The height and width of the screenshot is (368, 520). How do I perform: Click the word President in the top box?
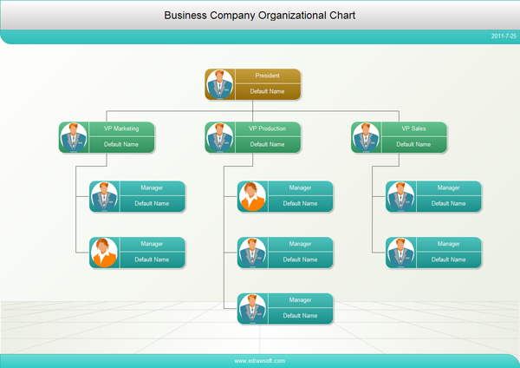pos(267,76)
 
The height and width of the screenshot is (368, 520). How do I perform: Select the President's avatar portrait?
pos(219,84)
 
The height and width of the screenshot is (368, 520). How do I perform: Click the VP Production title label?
pos(267,128)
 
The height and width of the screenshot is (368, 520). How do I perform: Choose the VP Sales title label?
pos(413,128)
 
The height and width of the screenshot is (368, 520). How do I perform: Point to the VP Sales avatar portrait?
pos(366,137)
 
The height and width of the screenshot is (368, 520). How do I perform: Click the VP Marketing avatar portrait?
pos(74,137)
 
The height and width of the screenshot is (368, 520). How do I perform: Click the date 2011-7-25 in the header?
pos(504,36)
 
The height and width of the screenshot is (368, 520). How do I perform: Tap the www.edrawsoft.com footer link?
pos(259,360)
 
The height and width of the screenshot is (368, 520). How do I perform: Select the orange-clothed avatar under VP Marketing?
pos(104,252)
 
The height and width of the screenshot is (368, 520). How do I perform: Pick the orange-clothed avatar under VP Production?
pos(252,196)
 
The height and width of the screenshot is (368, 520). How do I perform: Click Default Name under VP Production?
pos(267,144)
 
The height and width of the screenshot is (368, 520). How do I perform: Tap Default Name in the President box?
pos(267,91)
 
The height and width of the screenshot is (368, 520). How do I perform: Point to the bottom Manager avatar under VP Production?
pos(252,308)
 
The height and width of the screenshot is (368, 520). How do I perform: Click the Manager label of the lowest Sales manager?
pos(448,244)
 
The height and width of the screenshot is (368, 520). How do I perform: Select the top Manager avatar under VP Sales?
pos(400,196)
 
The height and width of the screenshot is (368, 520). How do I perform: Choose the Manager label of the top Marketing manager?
pos(152,187)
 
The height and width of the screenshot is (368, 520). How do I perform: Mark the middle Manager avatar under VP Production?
pos(252,252)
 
